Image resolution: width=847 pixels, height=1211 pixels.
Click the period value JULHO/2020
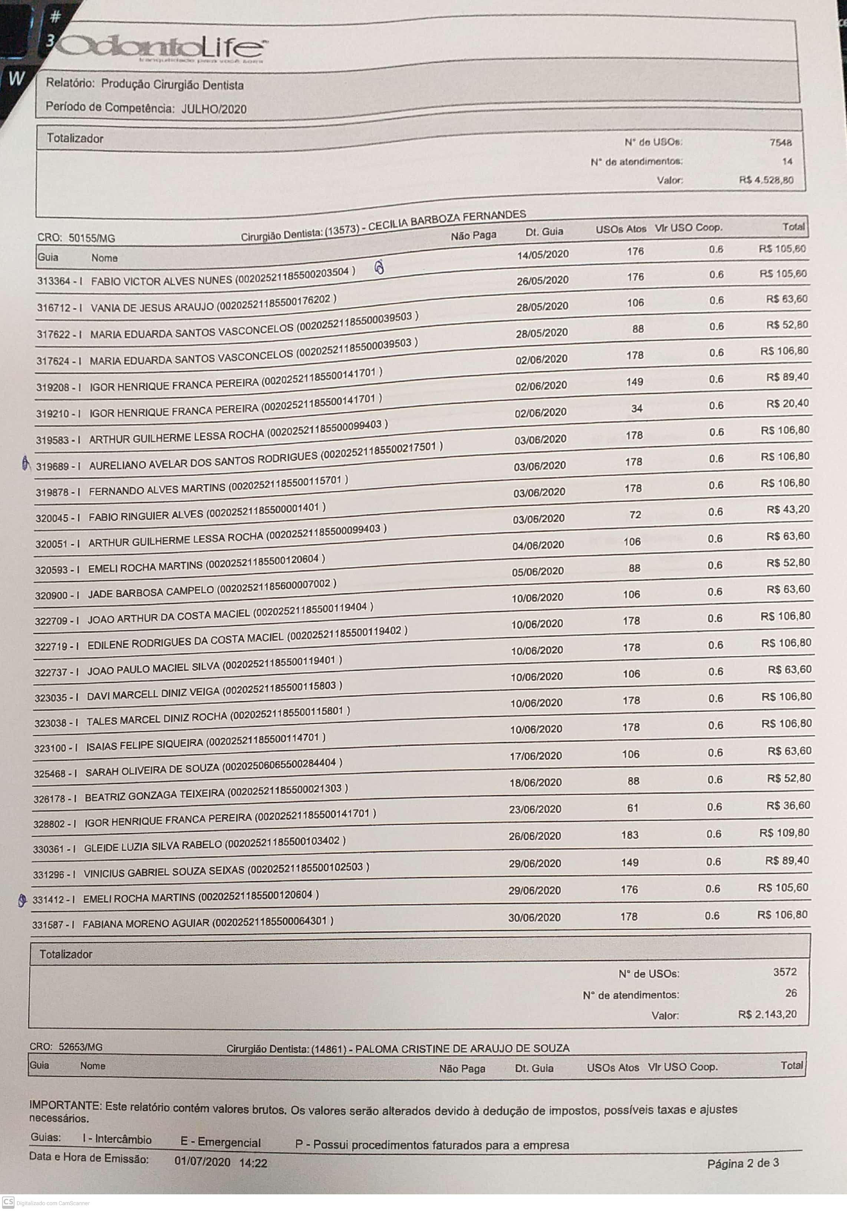click(x=214, y=109)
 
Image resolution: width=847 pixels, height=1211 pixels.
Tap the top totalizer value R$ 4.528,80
click(x=766, y=180)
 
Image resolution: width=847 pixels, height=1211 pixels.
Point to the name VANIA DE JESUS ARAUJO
click(x=152, y=306)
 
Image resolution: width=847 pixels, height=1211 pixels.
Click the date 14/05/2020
click(x=543, y=254)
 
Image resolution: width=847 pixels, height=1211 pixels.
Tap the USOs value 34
click(x=637, y=408)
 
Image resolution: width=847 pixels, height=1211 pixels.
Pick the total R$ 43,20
click(x=788, y=510)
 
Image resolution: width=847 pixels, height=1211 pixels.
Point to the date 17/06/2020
click(x=535, y=756)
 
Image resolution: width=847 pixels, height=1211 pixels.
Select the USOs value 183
click(x=630, y=835)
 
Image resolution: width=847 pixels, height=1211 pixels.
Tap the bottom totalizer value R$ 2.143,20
click(x=767, y=1014)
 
